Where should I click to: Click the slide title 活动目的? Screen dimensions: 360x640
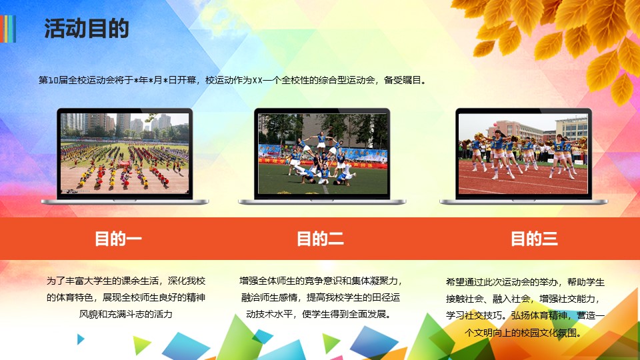87,29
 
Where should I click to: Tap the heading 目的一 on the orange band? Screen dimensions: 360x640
118,239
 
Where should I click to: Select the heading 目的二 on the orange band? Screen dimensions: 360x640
320,239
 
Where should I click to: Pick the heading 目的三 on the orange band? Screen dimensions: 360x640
534,239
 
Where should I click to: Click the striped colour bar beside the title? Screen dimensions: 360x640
9,29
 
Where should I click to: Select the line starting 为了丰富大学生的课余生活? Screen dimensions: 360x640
126,281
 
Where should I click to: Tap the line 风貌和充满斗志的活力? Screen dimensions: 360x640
126,313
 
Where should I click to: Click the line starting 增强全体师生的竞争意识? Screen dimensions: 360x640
320,281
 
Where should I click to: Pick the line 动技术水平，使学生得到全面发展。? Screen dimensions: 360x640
320,313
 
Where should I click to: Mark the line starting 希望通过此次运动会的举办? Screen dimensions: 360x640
525,282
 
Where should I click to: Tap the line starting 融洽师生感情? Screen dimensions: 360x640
320,297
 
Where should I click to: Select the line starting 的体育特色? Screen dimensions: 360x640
126,297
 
